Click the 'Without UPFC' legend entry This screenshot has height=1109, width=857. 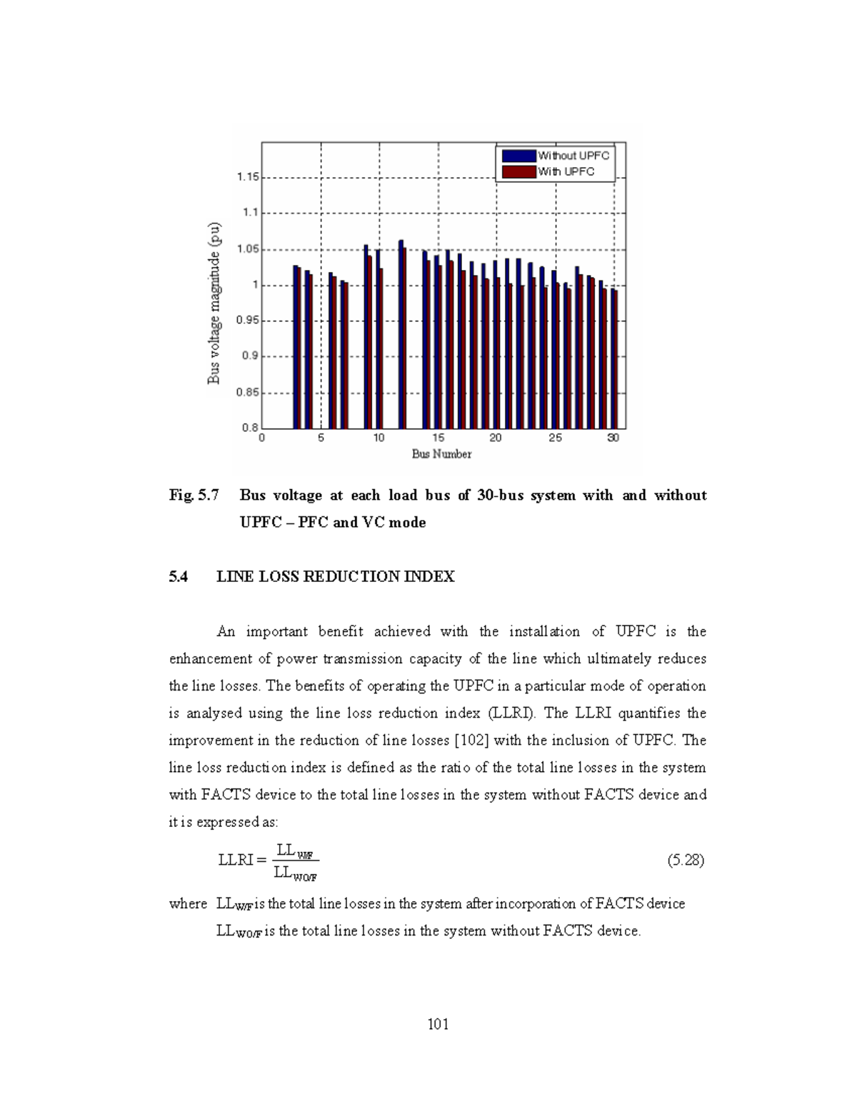tap(556, 156)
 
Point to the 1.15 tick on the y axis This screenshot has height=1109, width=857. tap(248, 176)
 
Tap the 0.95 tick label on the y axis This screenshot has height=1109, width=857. tap(248, 321)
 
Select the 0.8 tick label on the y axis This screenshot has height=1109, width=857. tap(250, 428)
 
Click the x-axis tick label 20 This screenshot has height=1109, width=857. tap(496, 438)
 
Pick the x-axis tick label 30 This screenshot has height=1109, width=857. tap(613, 438)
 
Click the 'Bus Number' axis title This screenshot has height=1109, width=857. tap(441, 454)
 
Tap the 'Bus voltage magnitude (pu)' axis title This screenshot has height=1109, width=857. tap(214, 303)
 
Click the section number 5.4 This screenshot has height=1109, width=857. tap(179, 577)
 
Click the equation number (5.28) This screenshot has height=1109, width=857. tap(686, 860)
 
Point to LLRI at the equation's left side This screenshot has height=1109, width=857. tap(236, 860)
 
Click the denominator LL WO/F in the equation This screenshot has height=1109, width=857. tap(296, 873)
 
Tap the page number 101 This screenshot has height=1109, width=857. tap(438, 1025)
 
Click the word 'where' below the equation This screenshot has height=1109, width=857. tap(188, 904)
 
